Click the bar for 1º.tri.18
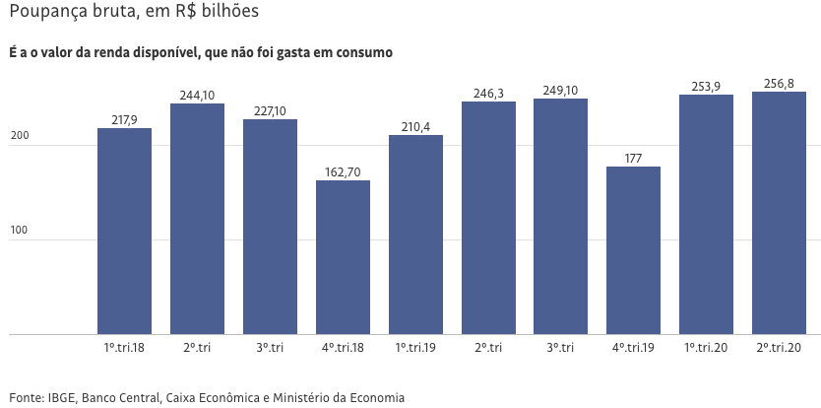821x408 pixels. [x=124, y=232]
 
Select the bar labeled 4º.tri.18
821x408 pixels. [x=343, y=257]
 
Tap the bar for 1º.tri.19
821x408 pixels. [x=415, y=235]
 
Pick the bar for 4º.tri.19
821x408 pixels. [x=633, y=250]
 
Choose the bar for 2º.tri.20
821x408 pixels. [x=779, y=213]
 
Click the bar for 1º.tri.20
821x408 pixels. [x=706, y=215]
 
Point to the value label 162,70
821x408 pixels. [x=343, y=172]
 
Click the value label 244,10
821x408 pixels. [x=197, y=96]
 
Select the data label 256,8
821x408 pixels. [x=779, y=84]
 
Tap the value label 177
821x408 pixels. [x=633, y=159]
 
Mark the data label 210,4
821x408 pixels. [x=415, y=127]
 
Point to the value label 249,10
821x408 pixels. [x=561, y=91]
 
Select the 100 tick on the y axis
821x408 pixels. [x=18, y=231]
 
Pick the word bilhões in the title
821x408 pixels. [x=229, y=14]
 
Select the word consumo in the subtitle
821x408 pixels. [x=363, y=52]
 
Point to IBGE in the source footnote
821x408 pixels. [x=62, y=397]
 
